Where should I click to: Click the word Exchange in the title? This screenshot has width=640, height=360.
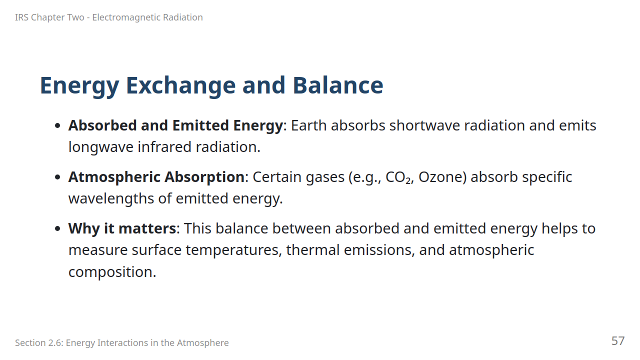(181, 85)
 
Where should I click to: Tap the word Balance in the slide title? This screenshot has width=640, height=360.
(338, 85)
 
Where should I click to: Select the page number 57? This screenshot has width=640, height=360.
(618, 341)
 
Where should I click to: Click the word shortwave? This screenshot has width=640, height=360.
(424, 125)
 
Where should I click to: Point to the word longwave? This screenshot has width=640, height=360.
(101, 147)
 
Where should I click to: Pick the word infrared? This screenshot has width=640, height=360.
(164, 147)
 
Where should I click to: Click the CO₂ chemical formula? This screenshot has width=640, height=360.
(398, 177)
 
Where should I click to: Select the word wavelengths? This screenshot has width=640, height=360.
(111, 198)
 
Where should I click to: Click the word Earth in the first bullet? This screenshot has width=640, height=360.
(308, 125)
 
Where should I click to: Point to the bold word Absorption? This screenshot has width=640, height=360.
(204, 177)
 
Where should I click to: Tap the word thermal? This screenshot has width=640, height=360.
(313, 250)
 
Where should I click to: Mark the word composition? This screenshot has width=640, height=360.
(112, 272)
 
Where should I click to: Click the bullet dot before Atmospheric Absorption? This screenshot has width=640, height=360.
(57, 177)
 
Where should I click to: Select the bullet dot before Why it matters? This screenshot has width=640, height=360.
(57, 228)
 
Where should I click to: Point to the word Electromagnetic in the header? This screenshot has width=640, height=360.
(126, 17)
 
